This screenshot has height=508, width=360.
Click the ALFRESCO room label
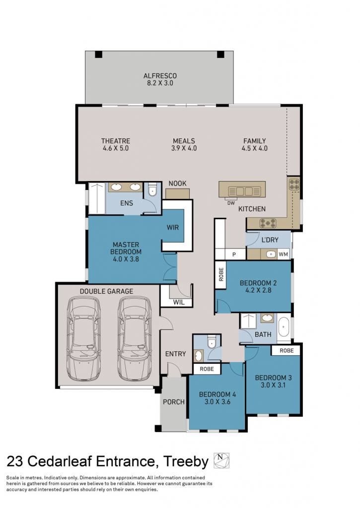point(160,76)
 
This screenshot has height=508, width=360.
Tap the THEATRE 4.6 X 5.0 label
point(116,144)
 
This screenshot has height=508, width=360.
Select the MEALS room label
point(184,141)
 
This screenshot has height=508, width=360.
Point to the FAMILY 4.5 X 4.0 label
point(255,144)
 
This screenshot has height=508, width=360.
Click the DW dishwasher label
point(231,203)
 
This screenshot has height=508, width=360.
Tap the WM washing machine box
point(283,254)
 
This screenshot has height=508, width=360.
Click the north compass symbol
point(221,460)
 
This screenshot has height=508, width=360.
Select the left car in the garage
point(84,339)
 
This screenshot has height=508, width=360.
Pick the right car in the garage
point(134,339)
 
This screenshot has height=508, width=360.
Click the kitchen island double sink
point(244,191)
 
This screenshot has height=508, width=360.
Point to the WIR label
point(172,227)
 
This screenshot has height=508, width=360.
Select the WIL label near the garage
point(179,302)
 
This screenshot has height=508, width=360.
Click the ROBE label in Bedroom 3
point(287,351)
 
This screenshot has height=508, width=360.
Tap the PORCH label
point(173,402)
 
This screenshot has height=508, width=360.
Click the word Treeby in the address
point(186,461)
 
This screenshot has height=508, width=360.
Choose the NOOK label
point(177,184)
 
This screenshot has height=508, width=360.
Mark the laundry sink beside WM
point(271,254)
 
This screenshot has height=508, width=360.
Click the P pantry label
point(234,254)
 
